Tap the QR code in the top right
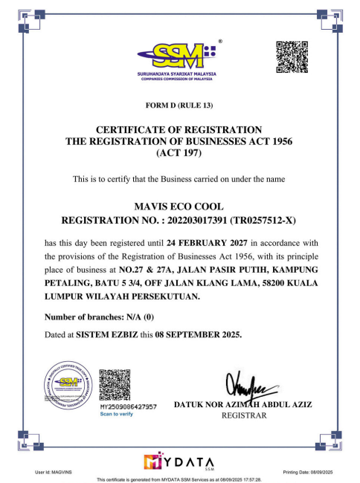tap(292, 57)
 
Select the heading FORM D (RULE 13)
tap(179, 105)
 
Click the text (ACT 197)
tap(179, 154)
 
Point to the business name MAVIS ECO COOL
tap(179, 205)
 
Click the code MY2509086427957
tap(127, 407)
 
